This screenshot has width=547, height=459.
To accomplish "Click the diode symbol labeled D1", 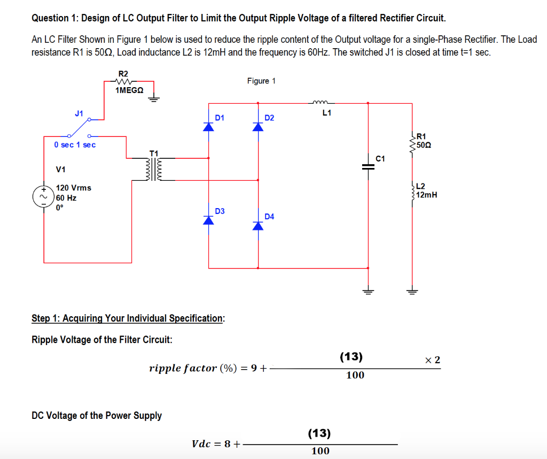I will tap(208, 126).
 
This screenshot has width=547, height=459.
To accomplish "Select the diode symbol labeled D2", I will tap(259, 126).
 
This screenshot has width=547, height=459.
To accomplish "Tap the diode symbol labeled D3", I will tap(208, 220).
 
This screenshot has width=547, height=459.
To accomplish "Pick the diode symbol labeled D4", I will tap(259, 225).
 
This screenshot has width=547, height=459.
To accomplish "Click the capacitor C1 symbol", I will tap(368, 166).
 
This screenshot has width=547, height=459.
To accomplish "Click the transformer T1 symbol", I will tap(154, 170).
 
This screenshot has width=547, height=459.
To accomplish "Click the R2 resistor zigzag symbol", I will tap(123, 82).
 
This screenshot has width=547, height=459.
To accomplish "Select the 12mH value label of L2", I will tap(426, 195).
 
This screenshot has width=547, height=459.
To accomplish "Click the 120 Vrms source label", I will tap(73, 188).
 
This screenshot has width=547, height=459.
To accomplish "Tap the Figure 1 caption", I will tap(261, 81).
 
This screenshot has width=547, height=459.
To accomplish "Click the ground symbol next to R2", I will tap(154, 100).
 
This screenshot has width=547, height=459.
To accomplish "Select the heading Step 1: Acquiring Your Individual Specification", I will tap(128, 318).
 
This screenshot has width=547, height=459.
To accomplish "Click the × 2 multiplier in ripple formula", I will tap(433, 359).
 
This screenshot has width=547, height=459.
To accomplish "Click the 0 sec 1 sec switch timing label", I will tap(75, 145).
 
